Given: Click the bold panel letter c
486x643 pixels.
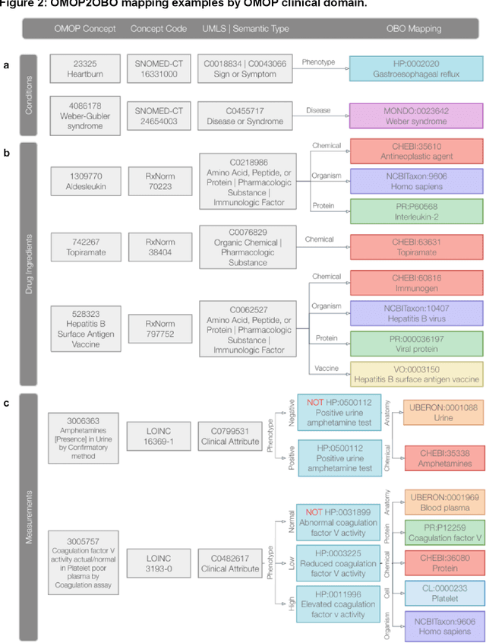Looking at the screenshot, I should click(x=7, y=402).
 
